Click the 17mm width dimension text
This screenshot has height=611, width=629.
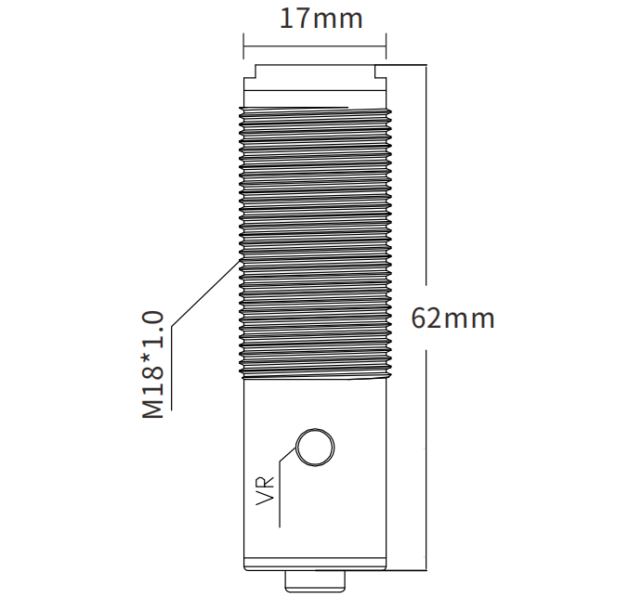321,19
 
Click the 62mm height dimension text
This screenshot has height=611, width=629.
452,318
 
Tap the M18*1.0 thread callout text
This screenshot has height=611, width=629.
153,364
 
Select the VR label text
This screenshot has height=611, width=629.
265,490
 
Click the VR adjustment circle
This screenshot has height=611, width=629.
315,447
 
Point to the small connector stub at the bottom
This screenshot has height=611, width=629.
315,581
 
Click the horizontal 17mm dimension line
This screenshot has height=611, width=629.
314,46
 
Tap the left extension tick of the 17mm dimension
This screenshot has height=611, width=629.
243,46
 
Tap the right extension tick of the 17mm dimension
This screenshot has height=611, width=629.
386,46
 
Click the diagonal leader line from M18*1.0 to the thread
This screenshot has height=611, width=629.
205,293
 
